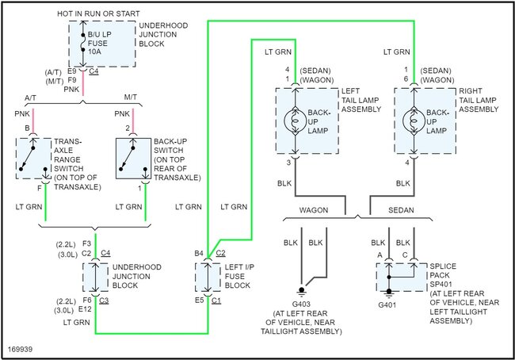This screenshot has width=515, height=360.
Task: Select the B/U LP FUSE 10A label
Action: (x=109, y=42)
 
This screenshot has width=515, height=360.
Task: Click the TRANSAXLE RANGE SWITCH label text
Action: (x=73, y=156)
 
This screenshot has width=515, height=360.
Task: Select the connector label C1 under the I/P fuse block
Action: (x=216, y=301)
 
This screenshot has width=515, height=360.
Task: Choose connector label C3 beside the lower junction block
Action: (x=105, y=301)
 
